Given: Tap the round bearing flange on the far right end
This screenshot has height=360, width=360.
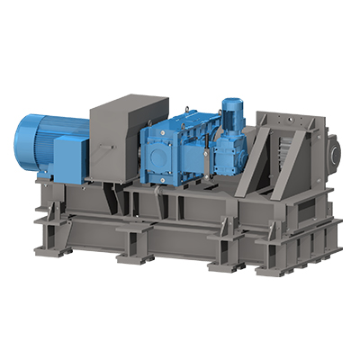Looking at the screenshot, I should pyautogui.click(x=334, y=149).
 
